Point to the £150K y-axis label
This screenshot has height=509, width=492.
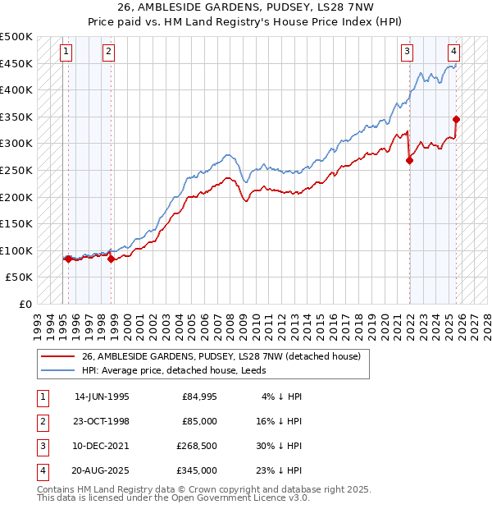pos(16,223)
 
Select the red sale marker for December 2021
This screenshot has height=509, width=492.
pos(409,161)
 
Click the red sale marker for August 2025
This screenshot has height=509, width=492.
pos(456,120)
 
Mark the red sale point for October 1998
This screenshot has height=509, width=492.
pos(111,259)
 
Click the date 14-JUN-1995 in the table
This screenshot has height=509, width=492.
pos(102,397)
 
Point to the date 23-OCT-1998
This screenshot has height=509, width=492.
pos(102,421)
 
